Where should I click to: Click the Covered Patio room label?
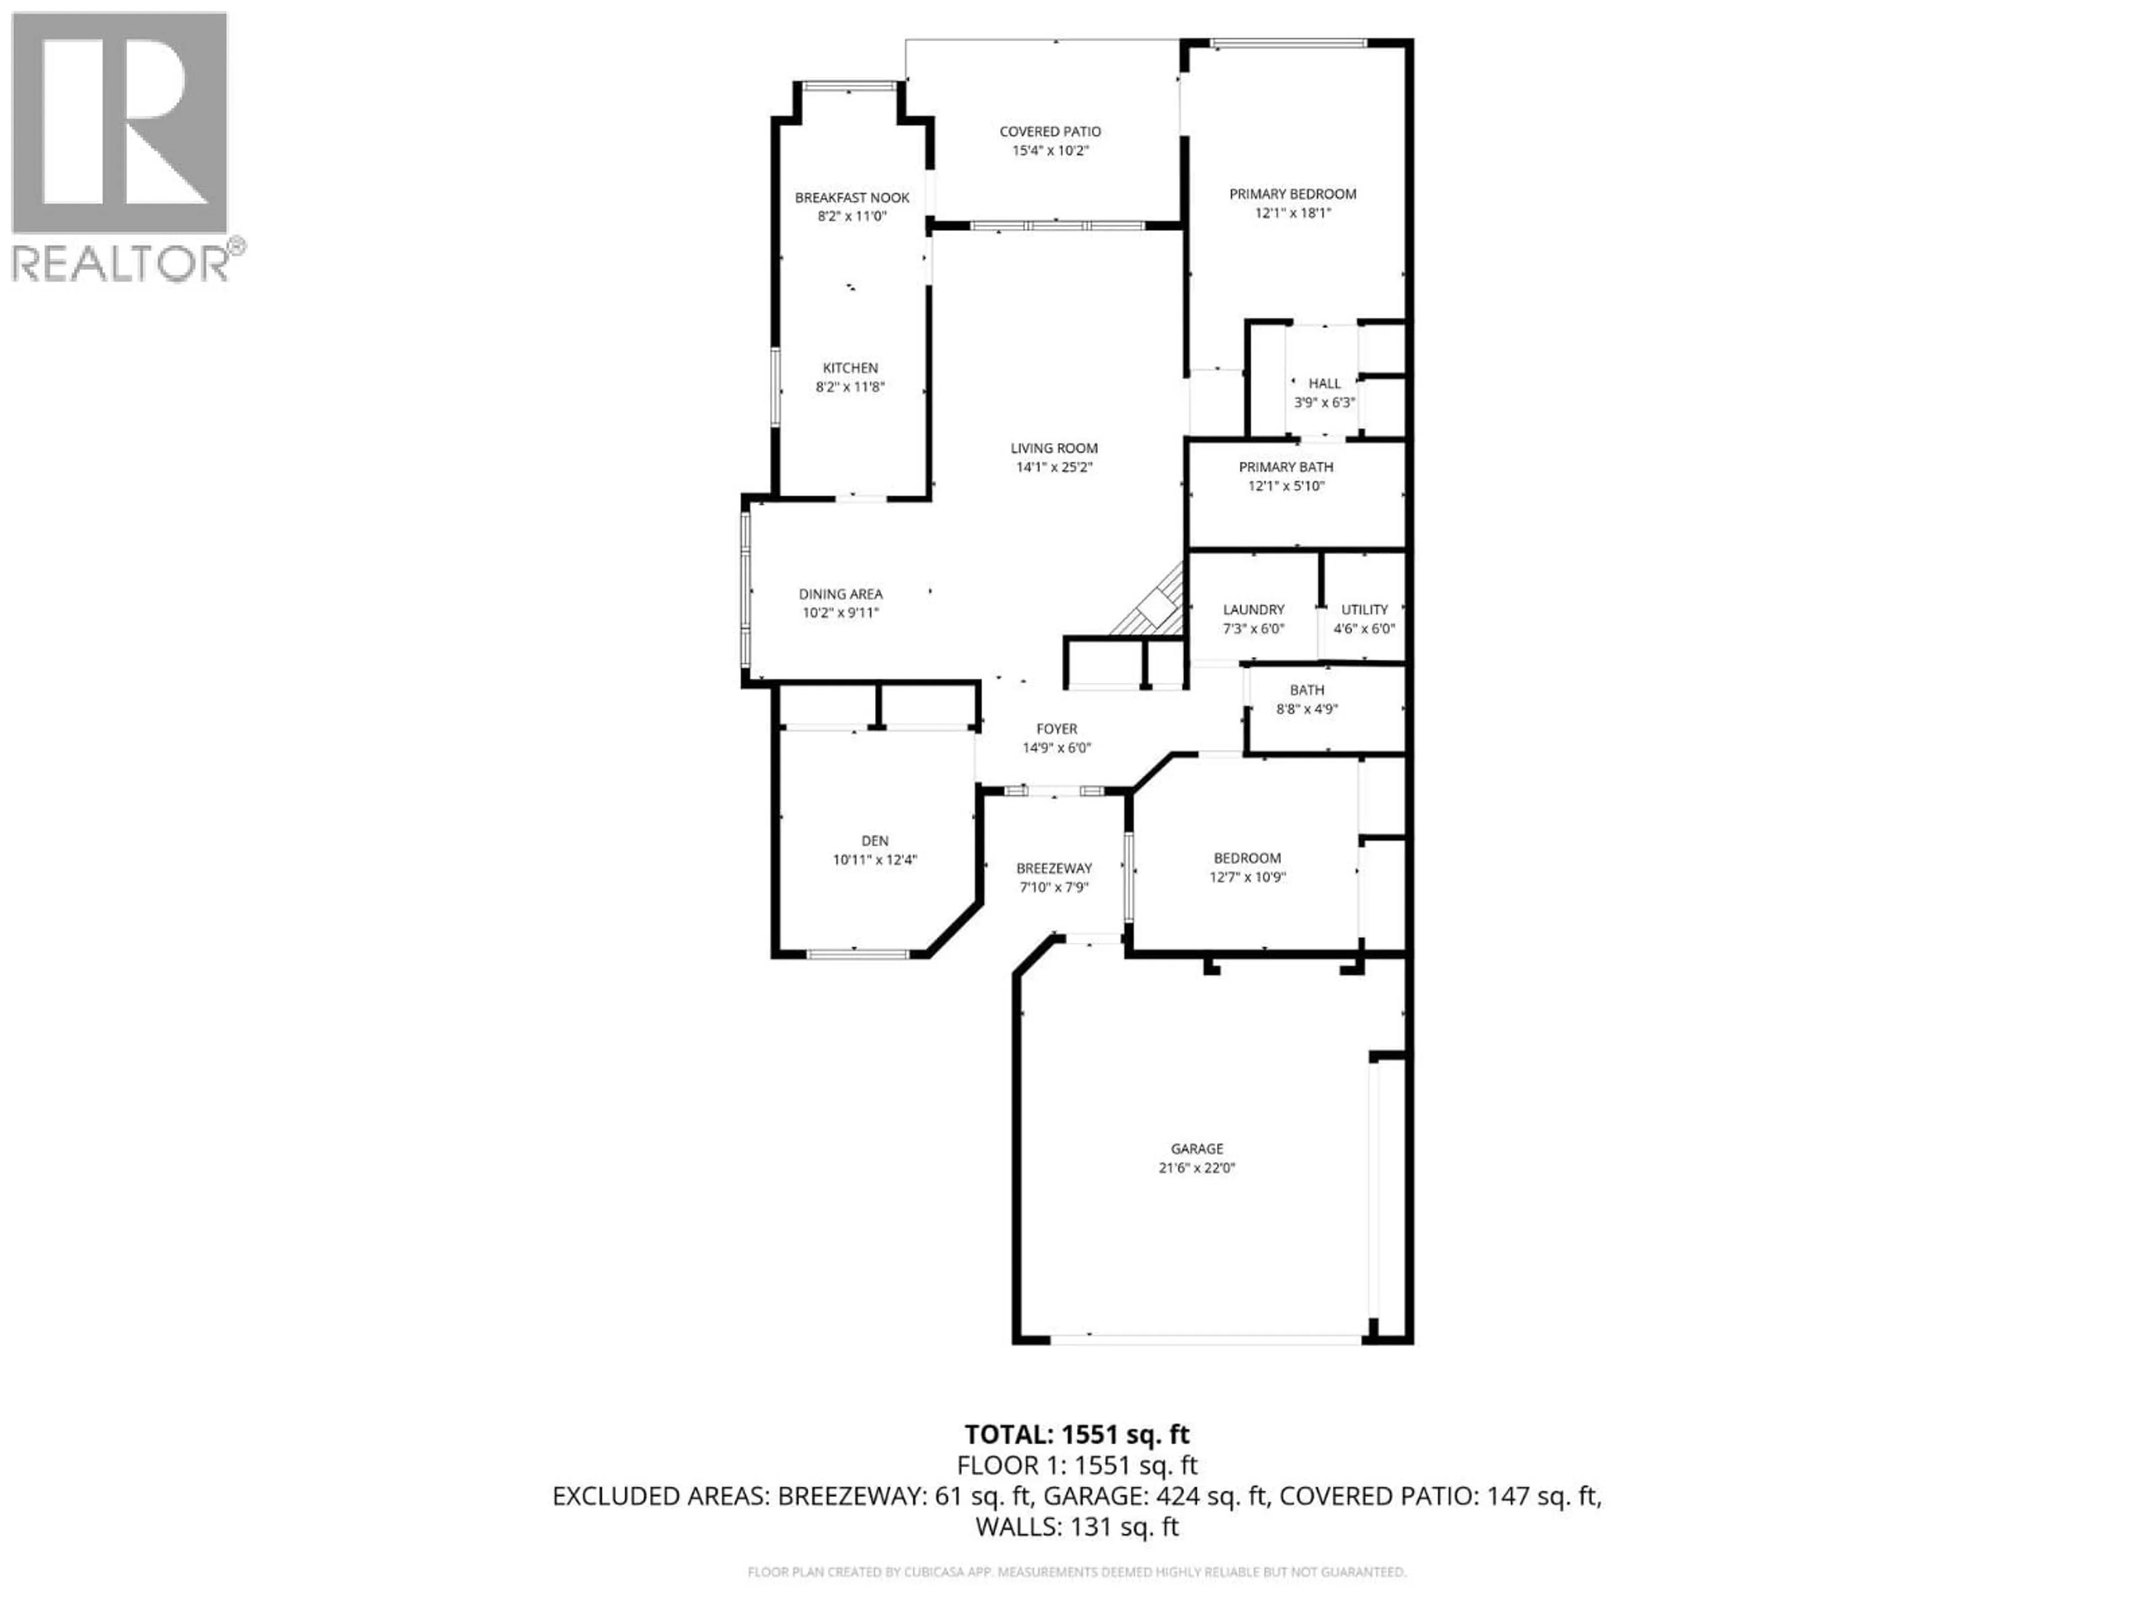1050,131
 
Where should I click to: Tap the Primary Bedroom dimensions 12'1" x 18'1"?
1292,212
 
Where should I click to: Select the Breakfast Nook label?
852,198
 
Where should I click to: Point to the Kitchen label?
850,368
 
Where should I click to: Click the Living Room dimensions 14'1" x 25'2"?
1053,467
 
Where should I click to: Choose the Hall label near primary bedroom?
1323,384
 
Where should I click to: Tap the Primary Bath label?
1286,467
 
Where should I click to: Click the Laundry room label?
1253,610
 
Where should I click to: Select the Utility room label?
1364,610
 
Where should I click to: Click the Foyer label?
1057,729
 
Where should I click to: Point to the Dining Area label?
840,594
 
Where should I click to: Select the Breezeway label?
1053,869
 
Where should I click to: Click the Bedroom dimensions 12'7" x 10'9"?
1248,876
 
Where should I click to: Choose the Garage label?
1197,1149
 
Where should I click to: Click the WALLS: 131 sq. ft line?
1076,1526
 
